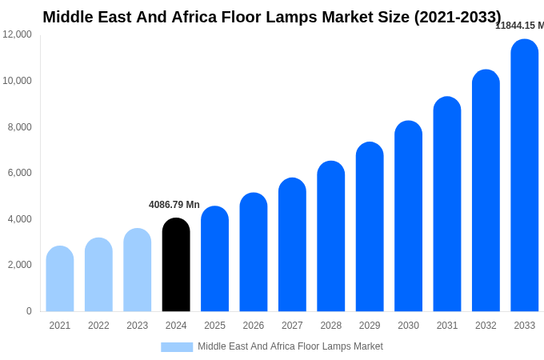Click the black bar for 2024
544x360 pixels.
[176, 265]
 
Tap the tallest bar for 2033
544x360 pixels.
[524, 176]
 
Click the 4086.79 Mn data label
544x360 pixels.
[174, 205]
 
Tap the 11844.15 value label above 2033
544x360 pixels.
[519, 26]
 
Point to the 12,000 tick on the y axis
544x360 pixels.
[18, 34]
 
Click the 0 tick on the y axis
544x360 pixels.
[29, 311]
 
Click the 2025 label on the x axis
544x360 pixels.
[214, 326]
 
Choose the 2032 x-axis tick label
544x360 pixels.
[486, 326]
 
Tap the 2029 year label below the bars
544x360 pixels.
[370, 326]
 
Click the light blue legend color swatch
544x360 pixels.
[177, 347]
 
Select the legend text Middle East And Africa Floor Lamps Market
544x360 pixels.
[290, 346]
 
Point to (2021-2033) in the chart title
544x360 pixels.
[457, 17]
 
